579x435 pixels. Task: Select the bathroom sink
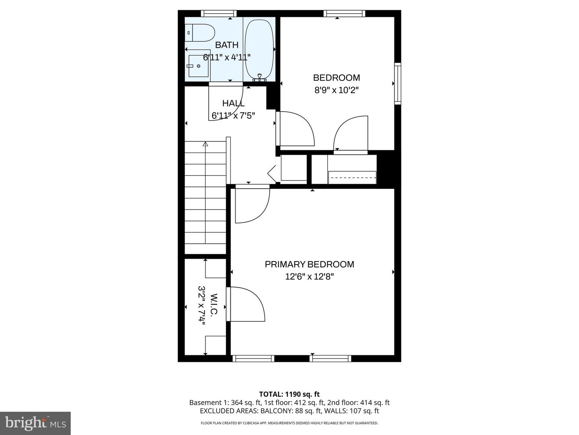tap(199, 66)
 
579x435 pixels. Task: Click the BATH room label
tap(227, 45)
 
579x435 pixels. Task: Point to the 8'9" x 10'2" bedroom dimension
tap(336, 90)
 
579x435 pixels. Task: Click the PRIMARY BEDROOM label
tap(309, 264)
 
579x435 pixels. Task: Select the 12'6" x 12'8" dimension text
tap(309, 277)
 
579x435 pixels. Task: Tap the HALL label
tap(233, 103)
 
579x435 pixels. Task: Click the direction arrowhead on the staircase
tap(205, 144)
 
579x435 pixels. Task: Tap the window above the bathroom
tap(219, 14)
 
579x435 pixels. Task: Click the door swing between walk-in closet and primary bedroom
tap(245, 304)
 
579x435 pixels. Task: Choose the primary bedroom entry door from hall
tap(252, 205)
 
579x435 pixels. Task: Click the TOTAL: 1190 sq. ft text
tap(289, 394)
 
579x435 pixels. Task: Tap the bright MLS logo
tap(35, 423)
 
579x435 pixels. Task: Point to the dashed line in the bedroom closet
tap(352, 178)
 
